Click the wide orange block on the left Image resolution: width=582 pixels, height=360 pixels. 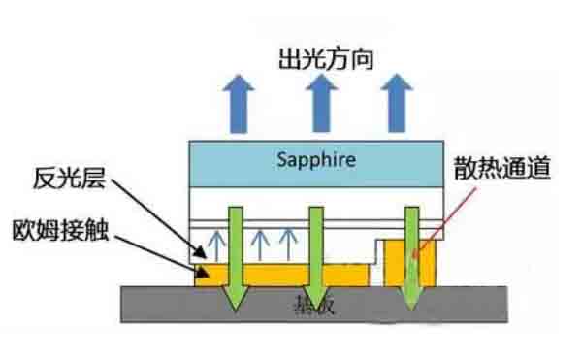point(281,275)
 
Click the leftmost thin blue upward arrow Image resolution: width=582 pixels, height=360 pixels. point(219,243)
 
